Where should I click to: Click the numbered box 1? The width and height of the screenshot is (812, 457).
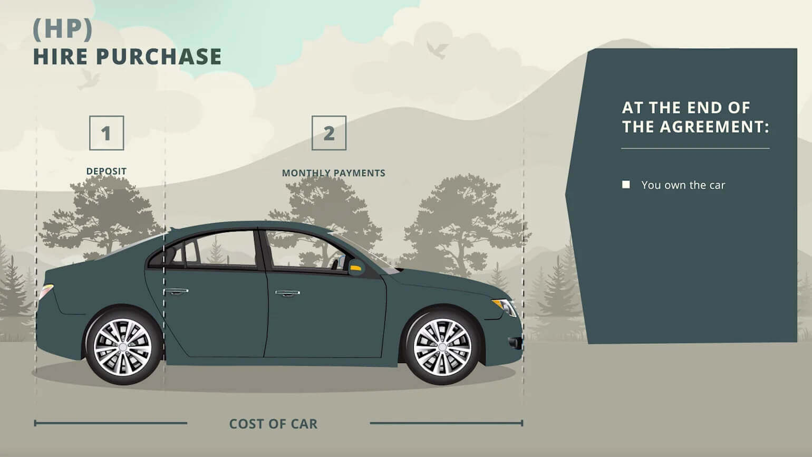[107, 133]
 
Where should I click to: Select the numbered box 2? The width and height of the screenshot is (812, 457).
[329, 133]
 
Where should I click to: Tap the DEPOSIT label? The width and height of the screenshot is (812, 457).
[107, 171]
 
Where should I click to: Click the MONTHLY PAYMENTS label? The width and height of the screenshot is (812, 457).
[333, 173]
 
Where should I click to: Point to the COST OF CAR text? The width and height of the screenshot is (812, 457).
[273, 424]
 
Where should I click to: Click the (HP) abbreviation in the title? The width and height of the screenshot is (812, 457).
[63, 29]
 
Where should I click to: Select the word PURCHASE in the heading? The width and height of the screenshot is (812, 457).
[159, 56]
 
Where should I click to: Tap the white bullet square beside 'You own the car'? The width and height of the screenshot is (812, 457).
[626, 185]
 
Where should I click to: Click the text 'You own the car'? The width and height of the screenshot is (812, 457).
[683, 185]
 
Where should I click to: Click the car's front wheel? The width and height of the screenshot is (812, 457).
[442, 347]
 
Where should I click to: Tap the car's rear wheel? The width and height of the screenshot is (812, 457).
[123, 347]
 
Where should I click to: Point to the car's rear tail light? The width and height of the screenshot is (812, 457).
[46, 291]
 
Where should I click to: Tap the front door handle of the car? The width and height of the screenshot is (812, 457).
[287, 293]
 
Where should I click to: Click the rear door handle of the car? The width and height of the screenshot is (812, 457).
[176, 291]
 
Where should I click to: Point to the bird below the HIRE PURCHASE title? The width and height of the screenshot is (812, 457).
[89, 80]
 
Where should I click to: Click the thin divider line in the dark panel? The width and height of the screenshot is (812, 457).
[695, 148]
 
